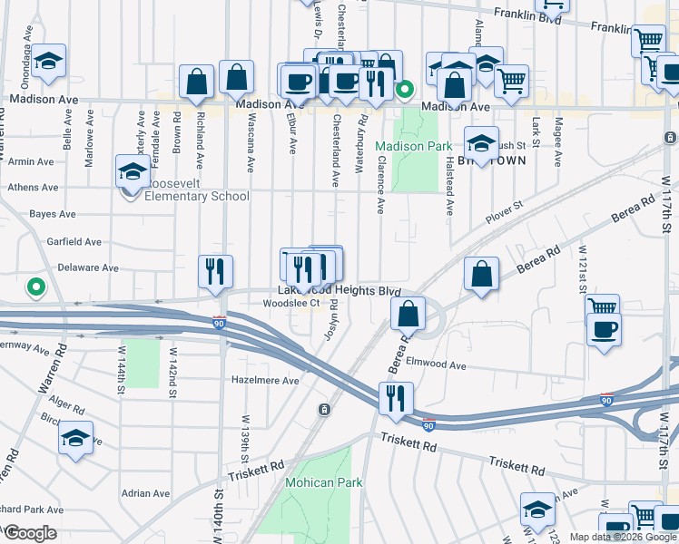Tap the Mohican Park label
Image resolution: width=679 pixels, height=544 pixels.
(318, 482)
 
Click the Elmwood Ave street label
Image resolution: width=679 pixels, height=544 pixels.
(437, 365)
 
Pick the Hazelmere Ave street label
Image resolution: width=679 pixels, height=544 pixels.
(265, 381)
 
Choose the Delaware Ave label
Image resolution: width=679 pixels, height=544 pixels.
(88, 268)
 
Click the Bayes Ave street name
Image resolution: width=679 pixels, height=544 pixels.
(53, 214)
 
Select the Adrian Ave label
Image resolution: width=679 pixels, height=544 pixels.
(146, 494)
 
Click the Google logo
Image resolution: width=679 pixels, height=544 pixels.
(29, 533)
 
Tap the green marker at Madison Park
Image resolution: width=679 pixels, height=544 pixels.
(406, 89)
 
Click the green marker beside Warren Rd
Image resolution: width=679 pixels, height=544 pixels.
(36, 287)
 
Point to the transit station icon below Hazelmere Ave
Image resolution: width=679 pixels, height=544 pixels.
(324, 411)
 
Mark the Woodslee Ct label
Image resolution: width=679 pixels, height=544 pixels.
(291, 304)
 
